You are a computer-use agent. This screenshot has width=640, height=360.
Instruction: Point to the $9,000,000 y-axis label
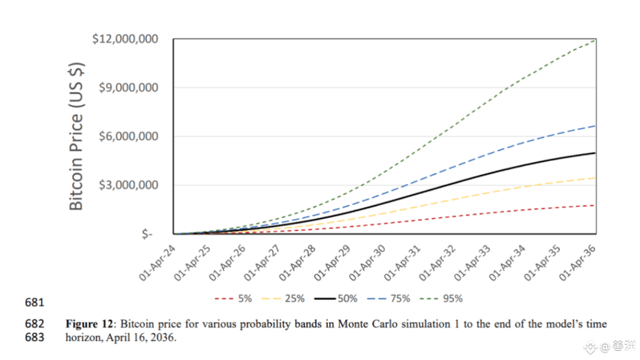(133, 87)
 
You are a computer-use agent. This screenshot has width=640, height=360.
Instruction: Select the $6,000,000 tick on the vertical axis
(133, 136)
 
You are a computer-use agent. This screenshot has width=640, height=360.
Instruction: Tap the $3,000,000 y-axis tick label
(133, 185)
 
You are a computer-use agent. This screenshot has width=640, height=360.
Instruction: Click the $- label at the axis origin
(146, 234)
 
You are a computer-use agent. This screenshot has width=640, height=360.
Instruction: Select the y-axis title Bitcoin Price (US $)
(76, 136)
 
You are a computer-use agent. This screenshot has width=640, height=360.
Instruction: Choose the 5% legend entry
(233, 298)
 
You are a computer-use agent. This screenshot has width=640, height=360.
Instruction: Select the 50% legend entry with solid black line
(336, 298)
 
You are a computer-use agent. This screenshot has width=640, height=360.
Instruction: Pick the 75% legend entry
(388, 298)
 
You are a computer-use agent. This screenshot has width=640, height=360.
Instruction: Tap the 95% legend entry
(441, 298)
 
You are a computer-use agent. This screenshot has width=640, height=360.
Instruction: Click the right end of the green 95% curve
(595, 40)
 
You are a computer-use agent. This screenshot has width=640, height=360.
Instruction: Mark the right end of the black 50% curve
(595, 153)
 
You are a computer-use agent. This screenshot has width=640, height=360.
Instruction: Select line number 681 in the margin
(34, 302)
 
